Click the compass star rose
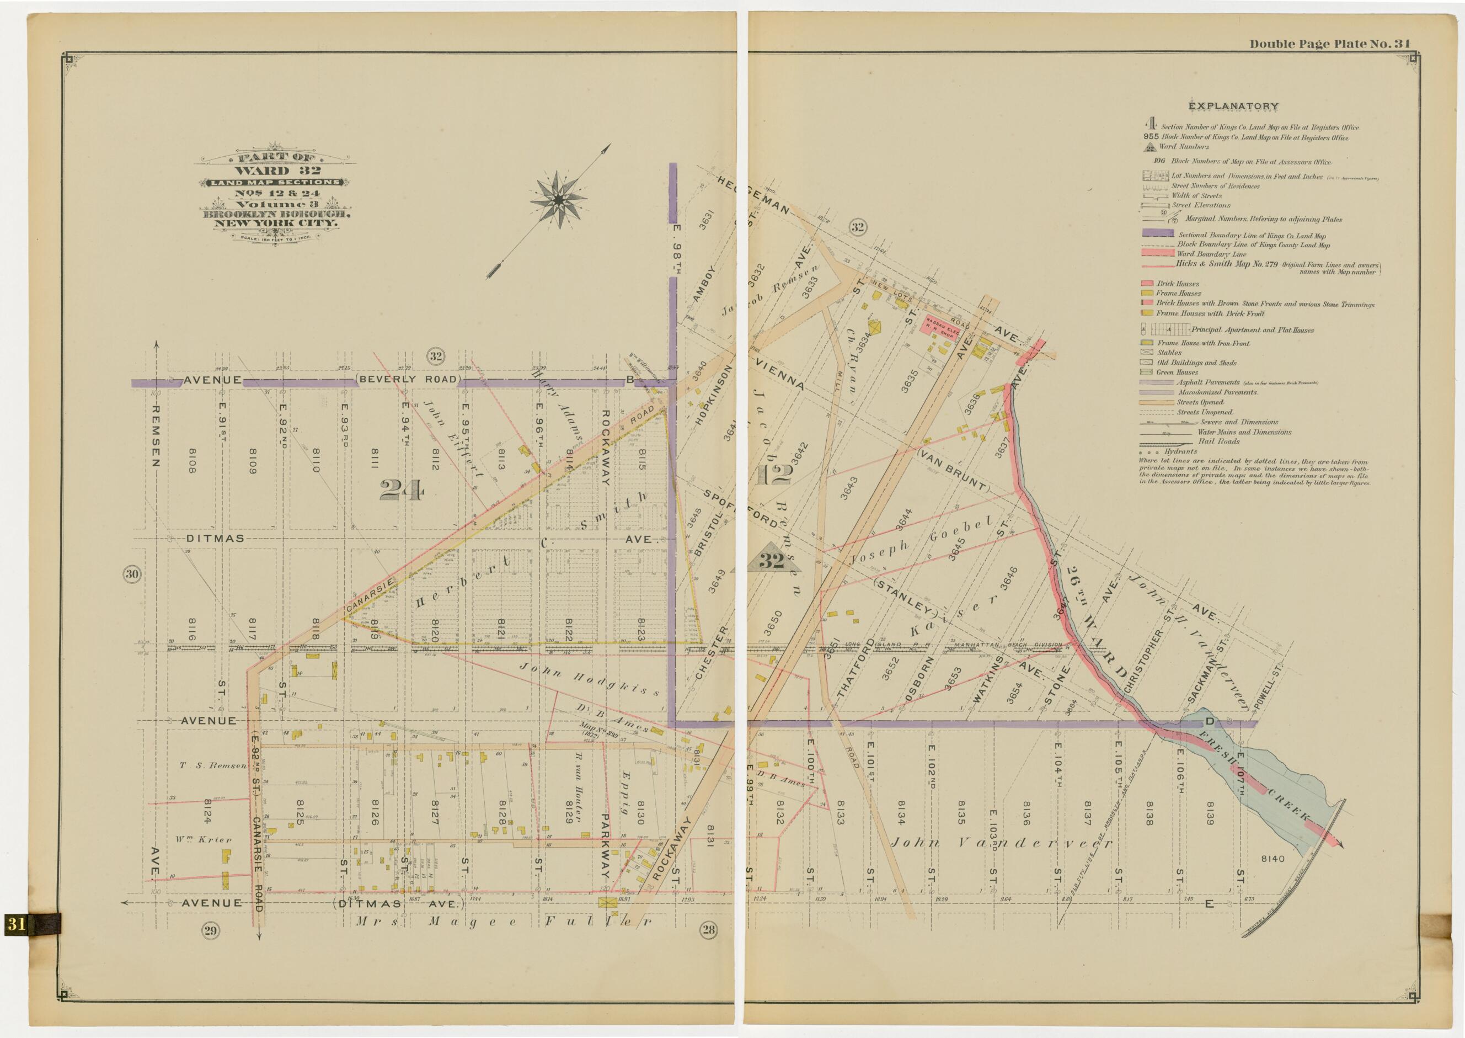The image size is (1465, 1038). point(558,200)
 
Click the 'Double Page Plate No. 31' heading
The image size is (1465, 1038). point(1329,44)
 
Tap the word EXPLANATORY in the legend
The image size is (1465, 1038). point(1224,106)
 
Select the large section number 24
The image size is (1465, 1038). point(401,490)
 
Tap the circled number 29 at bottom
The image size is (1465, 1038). point(211,930)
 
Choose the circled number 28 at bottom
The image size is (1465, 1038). point(709,929)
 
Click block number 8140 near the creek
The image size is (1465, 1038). point(1272,859)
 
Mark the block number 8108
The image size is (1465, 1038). point(191,460)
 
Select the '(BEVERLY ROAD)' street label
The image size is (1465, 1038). point(408,379)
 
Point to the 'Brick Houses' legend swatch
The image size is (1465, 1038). point(1146,283)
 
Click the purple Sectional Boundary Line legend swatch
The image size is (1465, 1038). point(1157,234)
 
